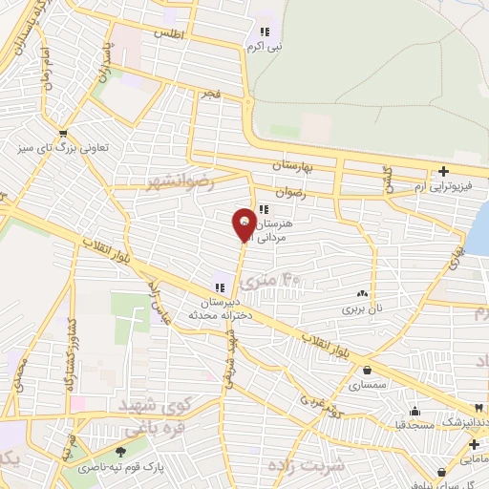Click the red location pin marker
pos(244,223)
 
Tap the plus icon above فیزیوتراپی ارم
pos(444,172)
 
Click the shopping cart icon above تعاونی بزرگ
pos(63,133)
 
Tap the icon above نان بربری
pos(361,295)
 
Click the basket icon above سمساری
pos(368,371)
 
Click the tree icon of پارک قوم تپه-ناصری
pos(119,453)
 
